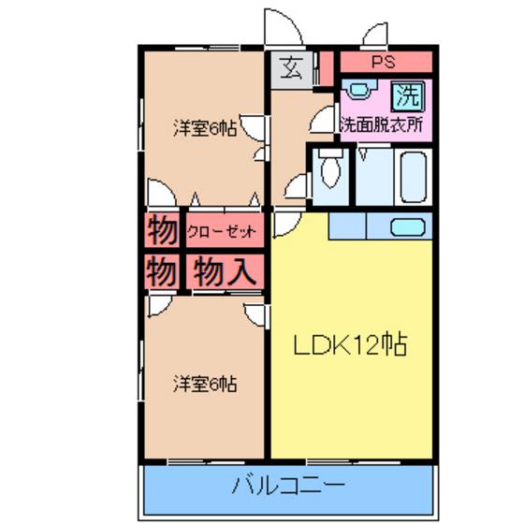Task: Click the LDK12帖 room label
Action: pos(350,344)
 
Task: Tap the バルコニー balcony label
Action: pos(288,486)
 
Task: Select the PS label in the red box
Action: pos(384,62)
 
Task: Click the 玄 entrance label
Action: pos(291,67)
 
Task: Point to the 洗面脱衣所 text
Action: pos(382,125)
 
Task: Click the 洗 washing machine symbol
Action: pos(408,95)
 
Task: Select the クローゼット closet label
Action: pos(222,231)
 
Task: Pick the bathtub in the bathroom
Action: pos(414,177)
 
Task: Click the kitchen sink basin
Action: pos(408,226)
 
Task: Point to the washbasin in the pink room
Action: pos(359,89)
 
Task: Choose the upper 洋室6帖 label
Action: pos(205,128)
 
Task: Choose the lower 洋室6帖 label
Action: pos(205,384)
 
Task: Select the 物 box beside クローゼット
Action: pos(162,230)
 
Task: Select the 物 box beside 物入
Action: pos(162,271)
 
